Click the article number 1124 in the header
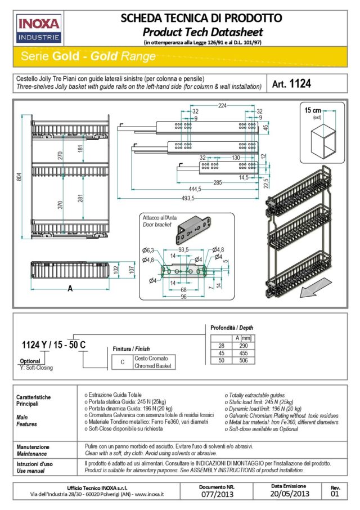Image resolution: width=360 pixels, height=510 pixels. (291, 83)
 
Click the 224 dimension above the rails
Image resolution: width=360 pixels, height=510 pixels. (222, 105)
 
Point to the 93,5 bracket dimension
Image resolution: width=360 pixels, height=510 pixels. (184, 249)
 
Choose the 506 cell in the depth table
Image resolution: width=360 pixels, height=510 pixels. (242, 361)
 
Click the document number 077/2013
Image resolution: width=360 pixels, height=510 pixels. (216, 495)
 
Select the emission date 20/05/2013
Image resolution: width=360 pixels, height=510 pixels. (289, 494)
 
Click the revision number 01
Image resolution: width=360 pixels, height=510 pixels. (335, 495)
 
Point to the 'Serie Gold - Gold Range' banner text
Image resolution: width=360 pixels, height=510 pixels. (88, 56)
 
